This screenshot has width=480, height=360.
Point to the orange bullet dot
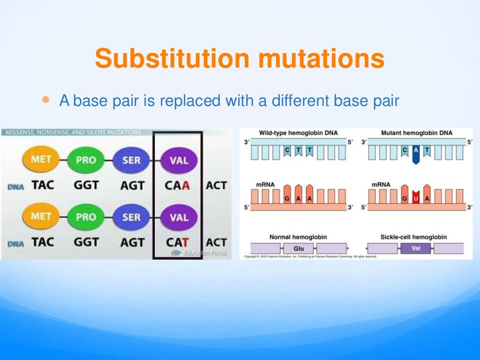[45, 100]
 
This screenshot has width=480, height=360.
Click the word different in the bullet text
[297, 101]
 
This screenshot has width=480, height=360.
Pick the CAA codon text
[177, 185]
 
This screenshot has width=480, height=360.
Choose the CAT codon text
[177, 242]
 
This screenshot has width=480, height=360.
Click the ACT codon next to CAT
[216, 242]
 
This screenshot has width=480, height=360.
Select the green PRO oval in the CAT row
[86, 217]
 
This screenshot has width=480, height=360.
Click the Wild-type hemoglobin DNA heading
[298, 133]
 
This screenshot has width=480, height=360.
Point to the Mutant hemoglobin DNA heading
[417, 133]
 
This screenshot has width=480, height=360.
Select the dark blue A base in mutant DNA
[415, 154]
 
